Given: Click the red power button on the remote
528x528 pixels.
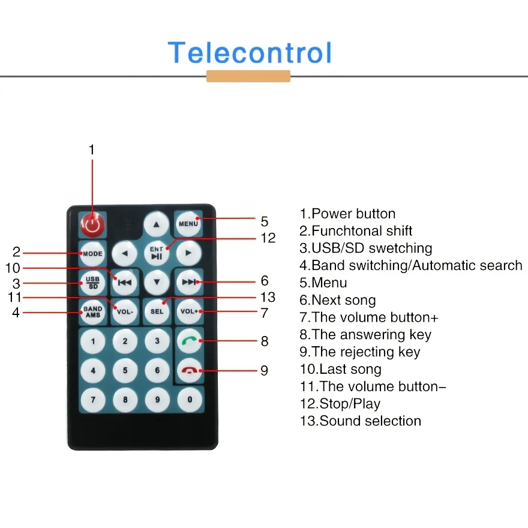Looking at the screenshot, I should pos(92,225).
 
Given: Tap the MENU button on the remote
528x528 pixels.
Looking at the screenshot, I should pos(188,224).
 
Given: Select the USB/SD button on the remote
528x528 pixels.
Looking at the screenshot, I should pos(92,282).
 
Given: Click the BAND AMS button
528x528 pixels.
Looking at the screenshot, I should pos(92,311).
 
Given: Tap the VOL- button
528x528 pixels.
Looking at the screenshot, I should pos(125,311).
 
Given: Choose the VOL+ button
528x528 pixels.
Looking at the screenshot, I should pos(189,311).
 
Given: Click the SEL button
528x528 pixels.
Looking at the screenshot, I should pos(157,311).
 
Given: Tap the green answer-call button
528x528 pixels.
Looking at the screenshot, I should pos(190,341).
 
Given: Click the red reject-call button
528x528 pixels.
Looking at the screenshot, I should pos(190,371).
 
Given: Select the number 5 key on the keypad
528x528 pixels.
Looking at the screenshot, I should pos(125,371).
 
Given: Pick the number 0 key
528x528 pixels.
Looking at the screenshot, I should pos(190,399).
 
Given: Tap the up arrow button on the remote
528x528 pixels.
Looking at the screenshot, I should pos(157,224).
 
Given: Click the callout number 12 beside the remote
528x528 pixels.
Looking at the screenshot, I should pos(268,238).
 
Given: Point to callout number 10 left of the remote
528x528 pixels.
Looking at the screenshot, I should pos(13,268).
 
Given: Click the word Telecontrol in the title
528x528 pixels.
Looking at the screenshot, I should pos(250,53).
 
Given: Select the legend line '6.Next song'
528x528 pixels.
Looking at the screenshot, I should pos(338,300).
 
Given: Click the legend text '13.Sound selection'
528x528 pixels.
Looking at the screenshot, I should pos(360,421).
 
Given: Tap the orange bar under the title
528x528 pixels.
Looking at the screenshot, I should pos(248,76).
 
